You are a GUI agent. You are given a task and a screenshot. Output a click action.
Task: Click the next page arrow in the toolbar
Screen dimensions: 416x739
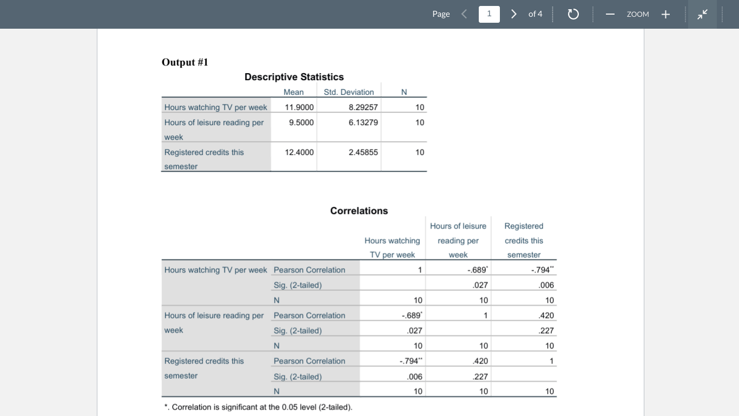(514, 14)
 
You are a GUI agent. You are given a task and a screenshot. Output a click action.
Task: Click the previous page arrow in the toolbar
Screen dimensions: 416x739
(464, 14)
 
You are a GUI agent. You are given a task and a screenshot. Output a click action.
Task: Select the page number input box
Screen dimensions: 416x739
(489, 14)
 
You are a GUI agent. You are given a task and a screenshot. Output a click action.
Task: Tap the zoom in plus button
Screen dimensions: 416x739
(665, 14)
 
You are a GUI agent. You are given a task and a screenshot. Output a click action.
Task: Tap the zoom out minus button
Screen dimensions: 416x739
(610, 14)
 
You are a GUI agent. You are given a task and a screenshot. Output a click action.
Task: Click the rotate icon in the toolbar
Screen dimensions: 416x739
(573, 14)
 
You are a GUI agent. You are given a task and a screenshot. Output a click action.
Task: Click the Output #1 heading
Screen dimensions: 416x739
(185, 62)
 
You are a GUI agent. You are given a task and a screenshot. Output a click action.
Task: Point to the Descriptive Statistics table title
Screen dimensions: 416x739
(294, 77)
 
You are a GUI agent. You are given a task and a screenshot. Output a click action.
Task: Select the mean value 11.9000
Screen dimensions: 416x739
(299, 107)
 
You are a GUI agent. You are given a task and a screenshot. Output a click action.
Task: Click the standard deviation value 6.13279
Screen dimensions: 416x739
(363, 122)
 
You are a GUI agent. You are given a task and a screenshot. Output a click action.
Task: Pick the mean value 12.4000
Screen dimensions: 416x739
(299, 152)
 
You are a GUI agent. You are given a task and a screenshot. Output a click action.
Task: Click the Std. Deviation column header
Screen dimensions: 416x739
(348, 92)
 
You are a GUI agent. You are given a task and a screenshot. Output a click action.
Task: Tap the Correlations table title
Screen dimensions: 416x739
(359, 211)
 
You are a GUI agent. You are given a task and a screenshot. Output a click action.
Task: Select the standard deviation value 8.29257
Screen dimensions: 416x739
(363, 107)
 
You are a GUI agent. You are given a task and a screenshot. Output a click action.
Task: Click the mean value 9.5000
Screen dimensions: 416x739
(301, 122)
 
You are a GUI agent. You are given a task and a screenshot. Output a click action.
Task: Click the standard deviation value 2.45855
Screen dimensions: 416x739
(363, 152)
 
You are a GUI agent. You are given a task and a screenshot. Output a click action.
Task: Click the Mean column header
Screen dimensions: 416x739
(293, 92)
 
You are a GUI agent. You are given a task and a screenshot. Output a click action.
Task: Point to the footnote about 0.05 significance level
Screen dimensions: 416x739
(259, 407)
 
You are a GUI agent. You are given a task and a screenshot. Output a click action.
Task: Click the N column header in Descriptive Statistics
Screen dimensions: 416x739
(404, 92)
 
